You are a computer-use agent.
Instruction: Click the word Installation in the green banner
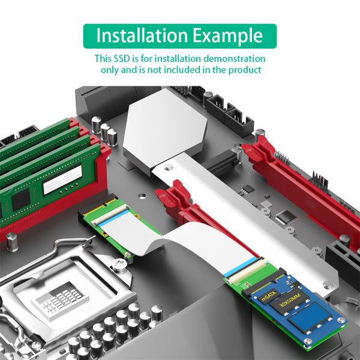pyautogui.click(x=142, y=35)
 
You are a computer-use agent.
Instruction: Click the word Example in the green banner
pyautogui.click(x=227, y=36)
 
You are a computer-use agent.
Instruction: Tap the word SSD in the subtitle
pyautogui.click(x=122, y=59)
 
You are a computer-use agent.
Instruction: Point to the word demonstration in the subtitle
pyautogui.click(x=235, y=59)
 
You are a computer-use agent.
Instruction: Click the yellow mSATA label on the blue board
pyautogui.click(x=269, y=296)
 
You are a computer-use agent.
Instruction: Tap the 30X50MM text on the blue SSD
pyautogui.click(x=292, y=301)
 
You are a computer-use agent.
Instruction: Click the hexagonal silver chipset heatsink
pyautogui.click(x=164, y=128)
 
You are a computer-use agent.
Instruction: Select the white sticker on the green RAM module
pyautogui.click(x=62, y=180)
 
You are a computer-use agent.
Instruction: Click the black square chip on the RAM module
pyautogui.click(x=21, y=200)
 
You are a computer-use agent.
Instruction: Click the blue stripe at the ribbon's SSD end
pyautogui.click(x=241, y=267)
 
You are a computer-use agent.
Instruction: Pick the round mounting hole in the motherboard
pyautogui.click(x=142, y=197)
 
